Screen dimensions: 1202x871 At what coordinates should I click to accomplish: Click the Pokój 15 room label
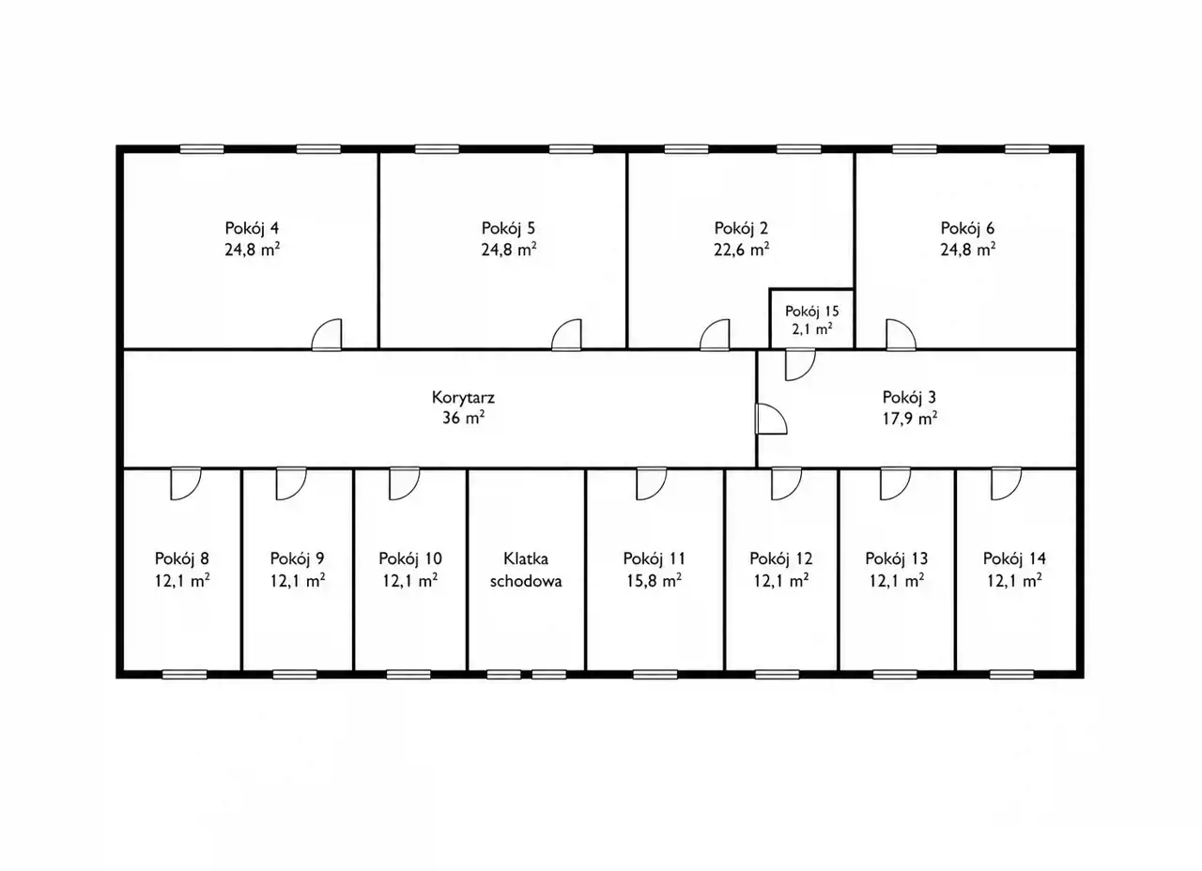812,311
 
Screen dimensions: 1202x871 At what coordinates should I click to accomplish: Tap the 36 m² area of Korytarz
464,418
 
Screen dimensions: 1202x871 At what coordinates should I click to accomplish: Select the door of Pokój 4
327,335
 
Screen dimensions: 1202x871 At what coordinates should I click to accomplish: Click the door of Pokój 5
566,335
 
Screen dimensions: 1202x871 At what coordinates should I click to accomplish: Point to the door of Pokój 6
901,335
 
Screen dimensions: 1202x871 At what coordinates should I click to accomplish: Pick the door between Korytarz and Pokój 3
771,419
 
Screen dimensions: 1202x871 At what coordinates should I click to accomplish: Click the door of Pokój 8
186,483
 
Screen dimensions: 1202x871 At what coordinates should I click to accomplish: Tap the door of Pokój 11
652,483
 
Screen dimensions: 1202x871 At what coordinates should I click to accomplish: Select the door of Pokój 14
1006,483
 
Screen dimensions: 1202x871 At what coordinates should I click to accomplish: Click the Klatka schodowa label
526,570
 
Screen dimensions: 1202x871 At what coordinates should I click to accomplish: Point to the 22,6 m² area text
742,250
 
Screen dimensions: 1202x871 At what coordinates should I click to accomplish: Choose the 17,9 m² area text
910,419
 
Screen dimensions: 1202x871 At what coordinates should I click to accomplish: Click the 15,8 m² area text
655,581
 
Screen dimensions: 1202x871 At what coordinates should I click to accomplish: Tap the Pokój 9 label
298,558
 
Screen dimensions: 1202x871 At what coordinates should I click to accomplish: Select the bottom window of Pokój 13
895,675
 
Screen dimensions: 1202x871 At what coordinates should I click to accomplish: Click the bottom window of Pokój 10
408,675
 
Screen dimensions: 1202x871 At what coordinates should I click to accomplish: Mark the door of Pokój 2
715,335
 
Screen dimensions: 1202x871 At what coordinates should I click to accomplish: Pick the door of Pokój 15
800,365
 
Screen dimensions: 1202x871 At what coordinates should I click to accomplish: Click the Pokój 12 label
781,558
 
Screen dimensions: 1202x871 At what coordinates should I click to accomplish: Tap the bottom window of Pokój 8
185,675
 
